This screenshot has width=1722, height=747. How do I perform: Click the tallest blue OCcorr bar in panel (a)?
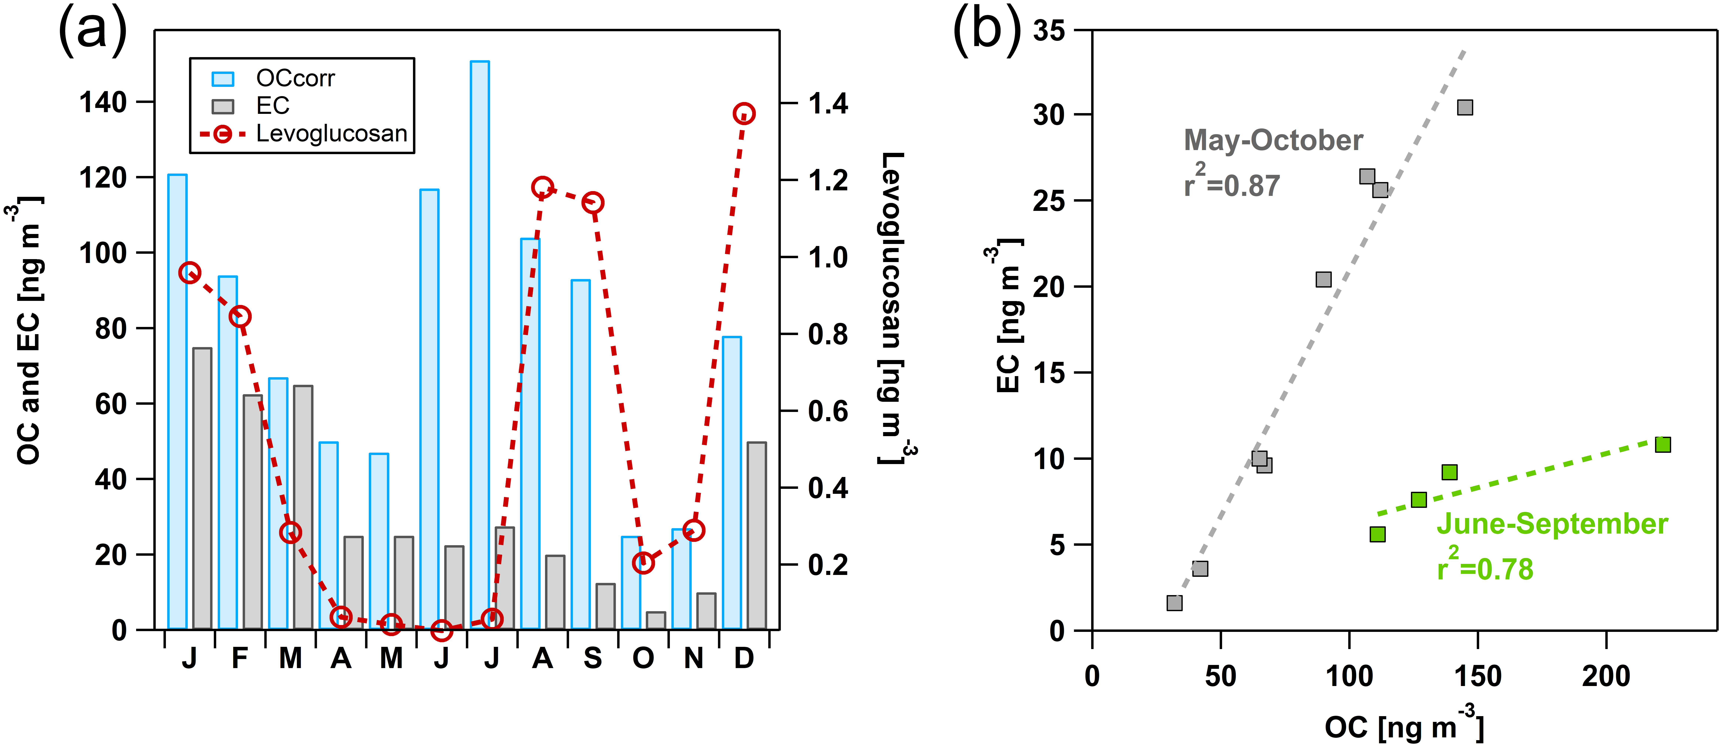[479, 344]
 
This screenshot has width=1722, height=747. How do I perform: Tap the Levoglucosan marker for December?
[743, 114]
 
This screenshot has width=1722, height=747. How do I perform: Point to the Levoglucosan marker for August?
[542, 187]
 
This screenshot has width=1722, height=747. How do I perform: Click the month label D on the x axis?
[743, 659]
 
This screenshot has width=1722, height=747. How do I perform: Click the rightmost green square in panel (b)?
[1662, 444]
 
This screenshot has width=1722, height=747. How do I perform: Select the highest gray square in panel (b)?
[1465, 108]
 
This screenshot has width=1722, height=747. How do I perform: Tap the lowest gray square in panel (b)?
[1174, 603]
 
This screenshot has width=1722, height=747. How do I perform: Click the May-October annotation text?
[1273, 140]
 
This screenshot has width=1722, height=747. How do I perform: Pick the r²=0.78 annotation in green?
[1485, 568]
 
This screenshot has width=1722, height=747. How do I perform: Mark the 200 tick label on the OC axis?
[1606, 676]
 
